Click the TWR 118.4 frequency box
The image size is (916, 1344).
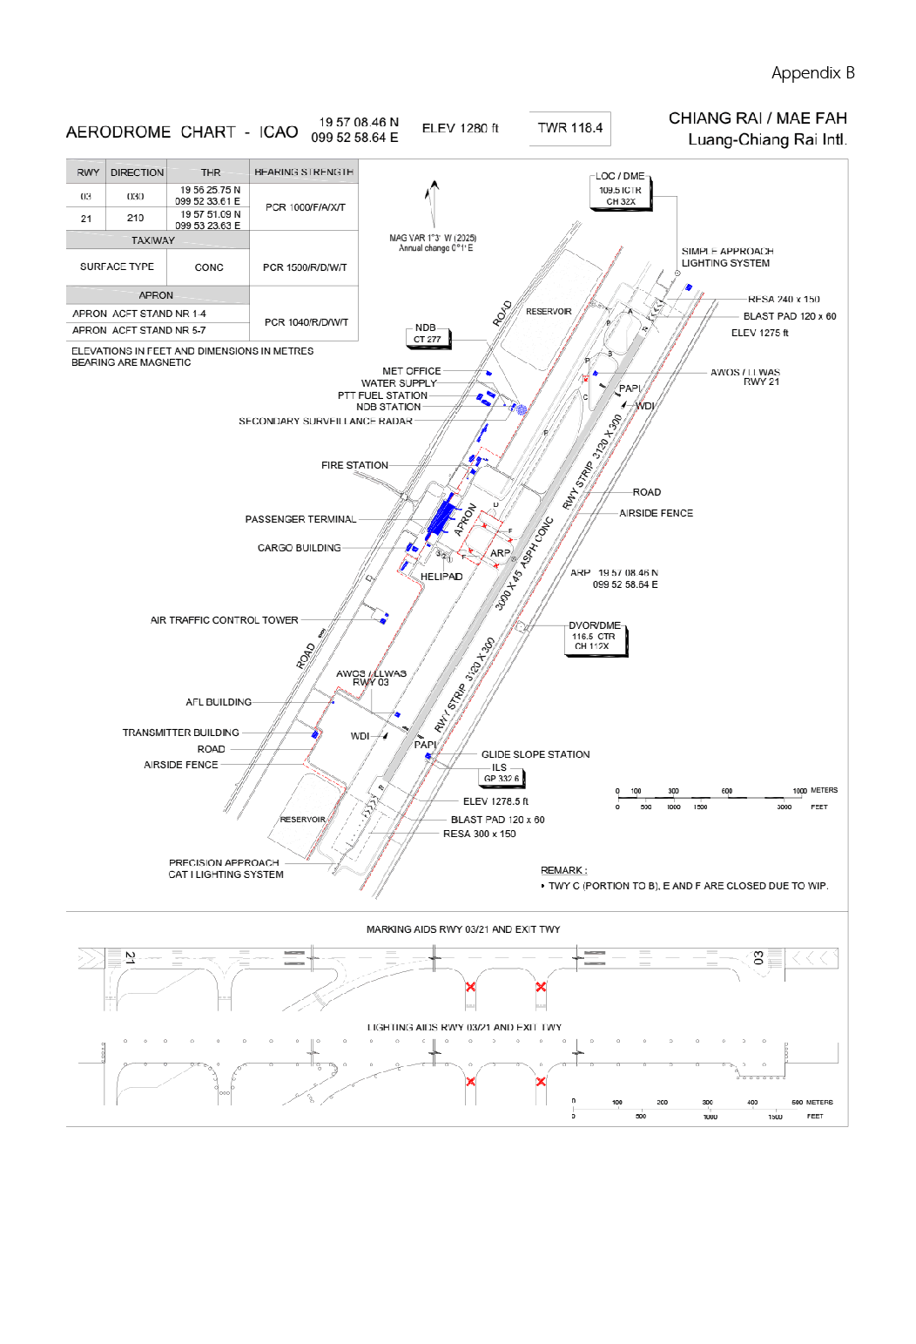pos(569,128)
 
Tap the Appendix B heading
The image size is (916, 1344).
pos(812,73)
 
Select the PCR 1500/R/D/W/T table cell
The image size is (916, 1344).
pos(304,267)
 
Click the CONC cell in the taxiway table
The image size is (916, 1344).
pos(209,267)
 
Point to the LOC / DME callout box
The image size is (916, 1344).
pos(620,189)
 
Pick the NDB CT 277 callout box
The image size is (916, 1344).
pos(427,334)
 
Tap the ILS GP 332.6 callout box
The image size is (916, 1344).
pos(501,773)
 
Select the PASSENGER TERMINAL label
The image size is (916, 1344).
pos(300,519)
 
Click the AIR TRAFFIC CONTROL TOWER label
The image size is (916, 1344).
pos(224,620)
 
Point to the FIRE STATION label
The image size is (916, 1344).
pos(354,465)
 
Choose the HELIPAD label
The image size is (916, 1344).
pos(441,577)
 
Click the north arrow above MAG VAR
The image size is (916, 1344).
pos(432,202)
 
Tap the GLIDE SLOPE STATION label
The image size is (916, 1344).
pos(535,754)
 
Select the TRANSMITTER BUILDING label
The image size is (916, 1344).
pos(180,733)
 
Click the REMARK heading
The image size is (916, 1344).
pos(563,870)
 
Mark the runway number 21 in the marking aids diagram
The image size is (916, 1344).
pos(130,957)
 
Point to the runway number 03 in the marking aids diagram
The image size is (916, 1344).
pos(758,957)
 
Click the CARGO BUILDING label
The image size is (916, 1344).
pos(299,548)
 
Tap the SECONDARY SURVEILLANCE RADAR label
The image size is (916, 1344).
pos(326,421)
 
